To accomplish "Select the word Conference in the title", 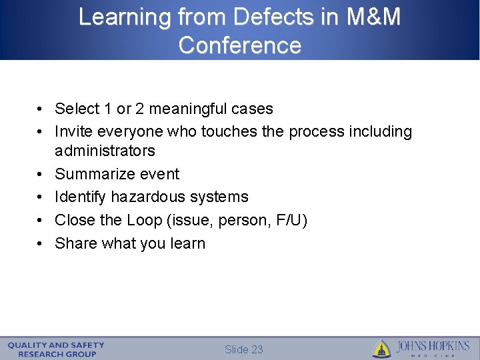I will [240, 45].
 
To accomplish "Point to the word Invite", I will [74, 132].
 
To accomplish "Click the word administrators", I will [105, 151].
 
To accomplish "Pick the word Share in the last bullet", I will [76, 243].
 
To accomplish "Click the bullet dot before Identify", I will [41, 197].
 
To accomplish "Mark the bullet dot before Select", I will [41, 109].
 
